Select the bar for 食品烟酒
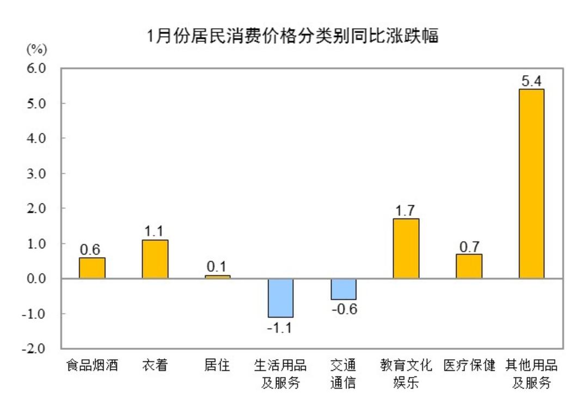[92, 268]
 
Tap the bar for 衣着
[155, 259]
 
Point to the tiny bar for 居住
[218, 277]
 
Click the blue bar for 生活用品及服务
[280, 298]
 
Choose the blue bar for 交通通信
[343, 289]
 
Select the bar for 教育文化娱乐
[406, 249]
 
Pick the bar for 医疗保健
[469, 266]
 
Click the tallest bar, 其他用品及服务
[531, 184]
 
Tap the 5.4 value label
[531, 80]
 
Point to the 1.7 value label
[406, 210]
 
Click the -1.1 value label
[280, 328]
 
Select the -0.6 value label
[343, 310]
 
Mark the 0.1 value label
[218, 267]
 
